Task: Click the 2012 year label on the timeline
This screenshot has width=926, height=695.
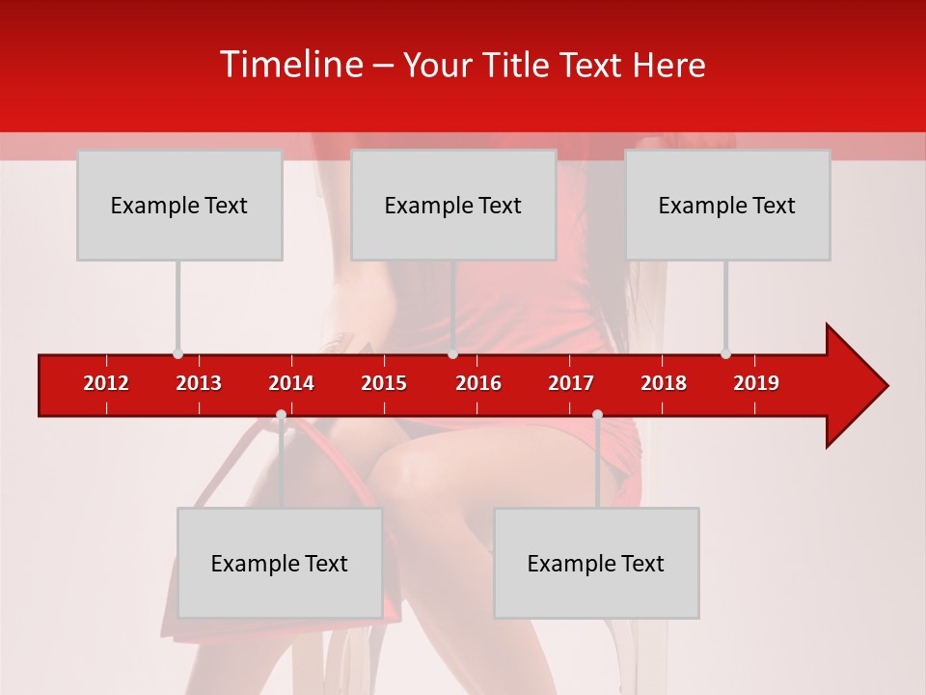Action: (106, 383)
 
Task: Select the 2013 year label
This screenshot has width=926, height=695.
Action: (199, 383)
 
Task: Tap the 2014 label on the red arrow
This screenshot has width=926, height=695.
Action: (291, 383)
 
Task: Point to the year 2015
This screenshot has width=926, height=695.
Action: (384, 383)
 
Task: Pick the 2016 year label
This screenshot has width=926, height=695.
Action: (478, 383)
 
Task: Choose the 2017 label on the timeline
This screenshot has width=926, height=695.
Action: (571, 383)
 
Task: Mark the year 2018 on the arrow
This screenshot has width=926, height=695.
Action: (664, 383)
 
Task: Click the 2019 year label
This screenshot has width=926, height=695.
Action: (756, 383)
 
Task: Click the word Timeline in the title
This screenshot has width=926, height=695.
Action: (290, 65)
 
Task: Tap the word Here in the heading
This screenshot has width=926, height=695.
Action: (668, 66)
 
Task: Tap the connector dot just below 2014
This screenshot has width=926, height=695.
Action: (281, 415)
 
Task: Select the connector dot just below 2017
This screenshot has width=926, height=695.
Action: (597, 415)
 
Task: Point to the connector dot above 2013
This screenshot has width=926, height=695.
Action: (177, 353)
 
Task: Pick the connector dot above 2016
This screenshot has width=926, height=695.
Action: (452, 353)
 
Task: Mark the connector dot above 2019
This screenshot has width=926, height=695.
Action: (725, 353)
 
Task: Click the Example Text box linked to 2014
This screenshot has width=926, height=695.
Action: (280, 563)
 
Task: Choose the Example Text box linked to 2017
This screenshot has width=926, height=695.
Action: (596, 563)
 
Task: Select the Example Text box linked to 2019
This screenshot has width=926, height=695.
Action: (727, 205)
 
